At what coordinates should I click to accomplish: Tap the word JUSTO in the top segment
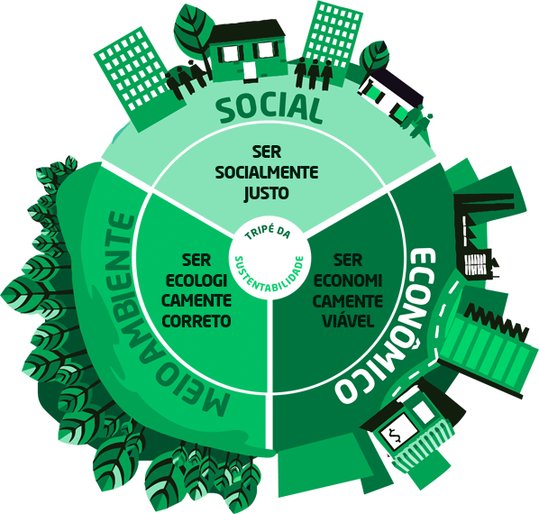(267, 193)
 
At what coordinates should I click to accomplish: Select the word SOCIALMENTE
(267, 172)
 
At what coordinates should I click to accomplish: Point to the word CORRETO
(196, 321)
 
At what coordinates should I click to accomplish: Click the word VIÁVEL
(348, 320)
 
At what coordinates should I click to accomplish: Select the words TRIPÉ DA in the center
(268, 231)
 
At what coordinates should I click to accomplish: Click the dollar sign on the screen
(396, 436)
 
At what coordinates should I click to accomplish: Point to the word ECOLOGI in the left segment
(196, 280)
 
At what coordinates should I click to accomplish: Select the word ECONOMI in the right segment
(348, 280)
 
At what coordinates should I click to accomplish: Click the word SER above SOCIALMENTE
(267, 152)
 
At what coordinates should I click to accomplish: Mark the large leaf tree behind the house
(193, 32)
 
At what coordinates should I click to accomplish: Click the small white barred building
(475, 264)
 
